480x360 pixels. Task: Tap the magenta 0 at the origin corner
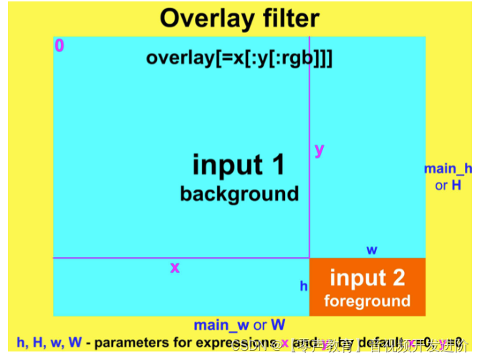[59, 46]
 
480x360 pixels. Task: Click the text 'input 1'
[239, 165]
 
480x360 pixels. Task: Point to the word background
[239, 194]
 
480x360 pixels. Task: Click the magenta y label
[320, 150]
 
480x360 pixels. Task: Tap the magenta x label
[175, 268]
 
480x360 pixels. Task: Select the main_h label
[448, 169]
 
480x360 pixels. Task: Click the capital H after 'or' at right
[456, 185]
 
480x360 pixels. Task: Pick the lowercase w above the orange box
[372, 250]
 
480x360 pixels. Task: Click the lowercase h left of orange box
[304, 286]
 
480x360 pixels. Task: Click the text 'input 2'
[367, 278]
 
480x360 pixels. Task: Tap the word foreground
[367, 301]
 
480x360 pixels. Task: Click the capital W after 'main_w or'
[278, 325]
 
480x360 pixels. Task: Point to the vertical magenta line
[309, 107]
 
